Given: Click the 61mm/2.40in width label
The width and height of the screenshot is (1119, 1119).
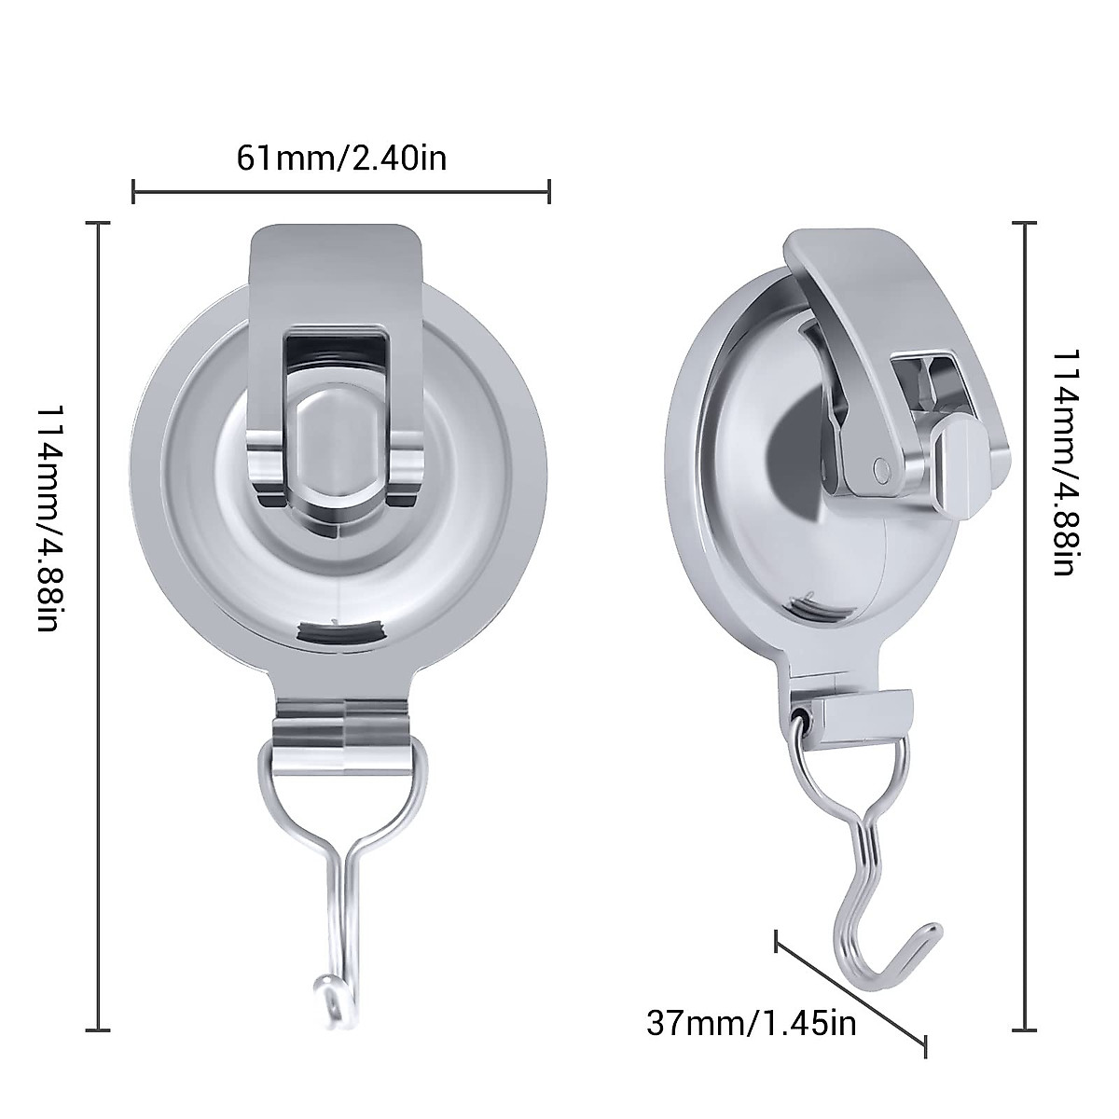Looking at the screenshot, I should (341, 158).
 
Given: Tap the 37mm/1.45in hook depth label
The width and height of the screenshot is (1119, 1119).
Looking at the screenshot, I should (751, 998).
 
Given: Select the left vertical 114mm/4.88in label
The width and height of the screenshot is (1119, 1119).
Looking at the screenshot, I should (49, 518).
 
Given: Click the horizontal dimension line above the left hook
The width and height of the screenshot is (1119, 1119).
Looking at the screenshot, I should (341, 193).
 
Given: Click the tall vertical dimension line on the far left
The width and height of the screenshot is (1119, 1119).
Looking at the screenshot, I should (99, 625).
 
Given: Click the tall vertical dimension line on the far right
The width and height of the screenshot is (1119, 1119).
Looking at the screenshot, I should (1026, 625).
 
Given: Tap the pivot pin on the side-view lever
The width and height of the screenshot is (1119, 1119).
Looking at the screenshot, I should (881, 465).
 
